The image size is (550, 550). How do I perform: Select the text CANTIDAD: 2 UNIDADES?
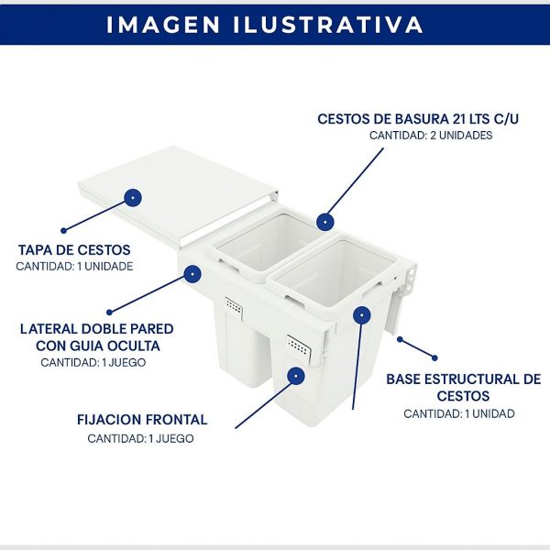[x=431, y=136]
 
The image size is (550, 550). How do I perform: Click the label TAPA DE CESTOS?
[x=74, y=249]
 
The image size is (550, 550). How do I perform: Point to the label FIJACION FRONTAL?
[x=142, y=420]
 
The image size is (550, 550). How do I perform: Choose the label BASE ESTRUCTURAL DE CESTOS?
[x=463, y=387]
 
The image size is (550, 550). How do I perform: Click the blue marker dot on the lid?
[x=133, y=197]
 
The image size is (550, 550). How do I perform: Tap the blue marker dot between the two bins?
[x=324, y=221]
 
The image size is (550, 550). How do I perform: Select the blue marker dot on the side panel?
[x=192, y=272]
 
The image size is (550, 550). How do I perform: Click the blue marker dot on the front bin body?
[x=295, y=374]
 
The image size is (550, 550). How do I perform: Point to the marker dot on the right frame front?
[x=363, y=314]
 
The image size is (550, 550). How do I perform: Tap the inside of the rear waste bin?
[x=261, y=243]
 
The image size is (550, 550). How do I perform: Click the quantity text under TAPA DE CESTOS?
[x=74, y=267]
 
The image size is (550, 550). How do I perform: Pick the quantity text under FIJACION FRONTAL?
[x=141, y=438]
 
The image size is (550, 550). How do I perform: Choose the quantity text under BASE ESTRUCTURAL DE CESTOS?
[x=459, y=413]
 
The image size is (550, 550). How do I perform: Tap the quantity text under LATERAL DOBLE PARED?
[x=93, y=362]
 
